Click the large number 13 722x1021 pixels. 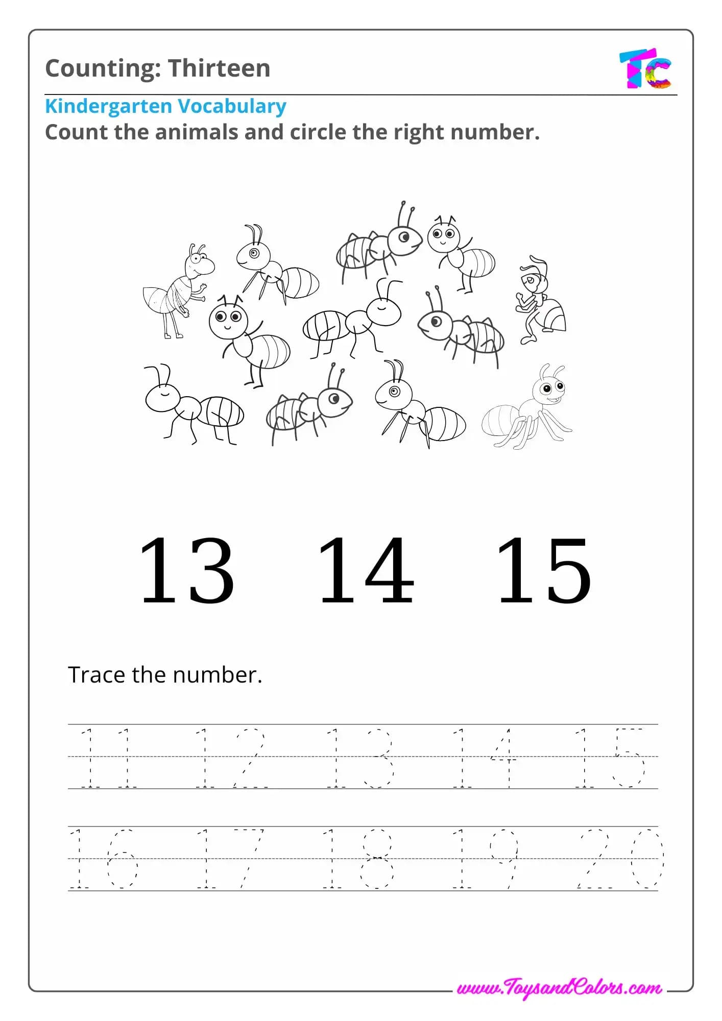187,570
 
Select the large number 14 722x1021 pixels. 366,570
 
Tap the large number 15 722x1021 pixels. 544,570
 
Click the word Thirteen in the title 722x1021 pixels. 219,68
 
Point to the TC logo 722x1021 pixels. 645,69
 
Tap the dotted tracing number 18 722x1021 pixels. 358,859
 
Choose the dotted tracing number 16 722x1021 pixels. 104,859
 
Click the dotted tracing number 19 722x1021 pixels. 486,859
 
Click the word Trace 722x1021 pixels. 97,675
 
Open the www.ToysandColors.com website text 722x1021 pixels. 559,988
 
